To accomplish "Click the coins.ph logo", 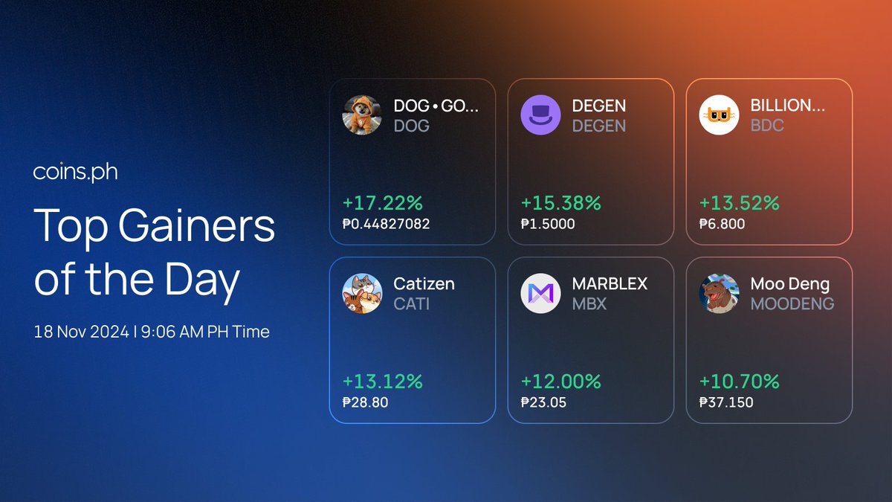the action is coord(75,172).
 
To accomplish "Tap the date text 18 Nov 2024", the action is coord(81,332).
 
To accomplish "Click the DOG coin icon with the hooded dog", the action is coord(362,115).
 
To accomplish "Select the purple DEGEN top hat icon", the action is coord(540,115).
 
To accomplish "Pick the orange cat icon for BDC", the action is coord(719,115).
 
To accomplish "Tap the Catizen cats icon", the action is coord(362,293).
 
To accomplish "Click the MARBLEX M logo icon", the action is coord(540,293).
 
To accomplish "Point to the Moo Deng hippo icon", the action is coord(719,293).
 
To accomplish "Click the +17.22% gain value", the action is coord(382,203).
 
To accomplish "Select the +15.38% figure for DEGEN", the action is coord(560,203).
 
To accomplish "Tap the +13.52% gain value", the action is coord(739,203).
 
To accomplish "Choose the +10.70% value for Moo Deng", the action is coord(739,382).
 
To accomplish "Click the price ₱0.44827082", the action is coord(386,224).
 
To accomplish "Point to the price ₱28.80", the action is coord(365,402).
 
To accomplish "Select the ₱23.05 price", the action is coord(543,402).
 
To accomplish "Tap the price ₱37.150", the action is coord(726,402).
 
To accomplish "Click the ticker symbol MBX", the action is coord(589,304).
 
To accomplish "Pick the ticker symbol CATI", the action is coord(411,304).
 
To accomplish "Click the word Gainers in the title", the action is coord(196,225).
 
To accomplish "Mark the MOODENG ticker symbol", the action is coord(792,304).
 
